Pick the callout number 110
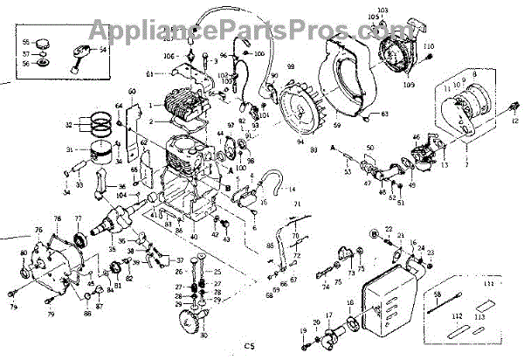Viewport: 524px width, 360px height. click(428, 45)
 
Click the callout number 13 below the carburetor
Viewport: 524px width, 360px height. click(445, 163)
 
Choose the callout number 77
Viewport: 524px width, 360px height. click(78, 218)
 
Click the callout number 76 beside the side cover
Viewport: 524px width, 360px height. click(38, 231)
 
